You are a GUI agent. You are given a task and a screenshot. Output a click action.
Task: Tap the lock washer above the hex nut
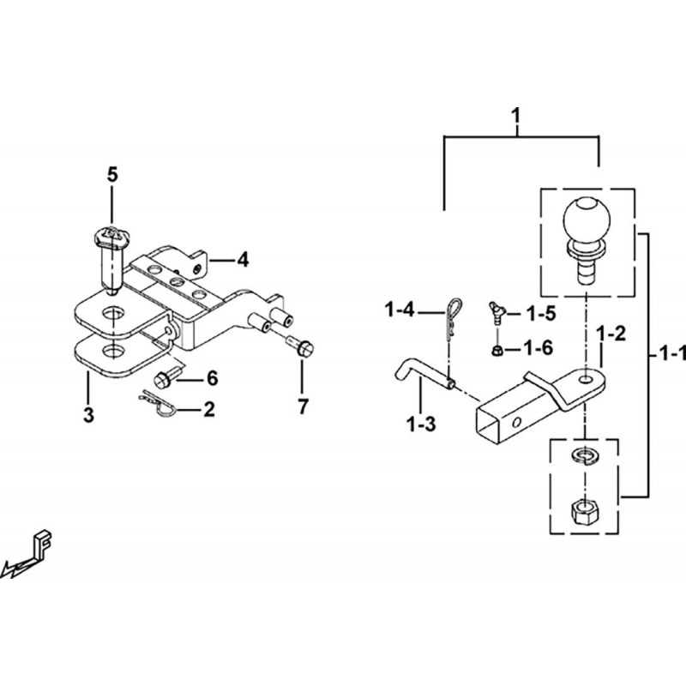pyautogui.click(x=585, y=455)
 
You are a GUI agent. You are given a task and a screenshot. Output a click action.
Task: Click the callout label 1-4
pyautogui.click(x=399, y=310)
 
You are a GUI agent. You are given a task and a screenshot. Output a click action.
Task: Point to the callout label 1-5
pyautogui.click(x=541, y=314)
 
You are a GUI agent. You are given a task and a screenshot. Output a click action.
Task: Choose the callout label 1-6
pyautogui.click(x=539, y=348)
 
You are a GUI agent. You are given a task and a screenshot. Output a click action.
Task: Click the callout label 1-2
pyautogui.click(x=611, y=334)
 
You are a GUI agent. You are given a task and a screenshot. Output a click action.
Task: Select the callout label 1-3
pyautogui.click(x=421, y=424)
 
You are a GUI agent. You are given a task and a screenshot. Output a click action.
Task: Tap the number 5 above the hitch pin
pyautogui.click(x=112, y=175)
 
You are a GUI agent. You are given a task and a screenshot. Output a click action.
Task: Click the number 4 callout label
pyautogui.click(x=243, y=260)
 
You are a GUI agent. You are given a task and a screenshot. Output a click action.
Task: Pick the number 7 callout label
pyautogui.click(x=303, y=406)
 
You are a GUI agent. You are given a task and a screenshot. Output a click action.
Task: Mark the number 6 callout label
pyautogui.click(x=212, y=378)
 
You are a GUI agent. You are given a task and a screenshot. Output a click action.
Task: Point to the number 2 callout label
pyautogui.click(x=209, y=410)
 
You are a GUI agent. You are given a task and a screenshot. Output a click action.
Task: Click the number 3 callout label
pyautogui.click(x=89, y=415)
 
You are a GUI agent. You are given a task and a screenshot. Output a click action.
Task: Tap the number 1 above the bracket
pyautogui.click(x=517, y=117)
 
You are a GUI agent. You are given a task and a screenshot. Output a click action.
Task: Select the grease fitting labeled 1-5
pyautogui.click(x=496, y=312)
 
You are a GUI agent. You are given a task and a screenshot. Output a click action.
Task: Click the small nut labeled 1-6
pyautogui.click(x=496, y=350)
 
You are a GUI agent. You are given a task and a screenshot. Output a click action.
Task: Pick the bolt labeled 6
pyautogui.click(x=166, y=379)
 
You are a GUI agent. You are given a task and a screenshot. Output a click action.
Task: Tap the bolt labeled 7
pyautogui.click(x=301, y=346)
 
